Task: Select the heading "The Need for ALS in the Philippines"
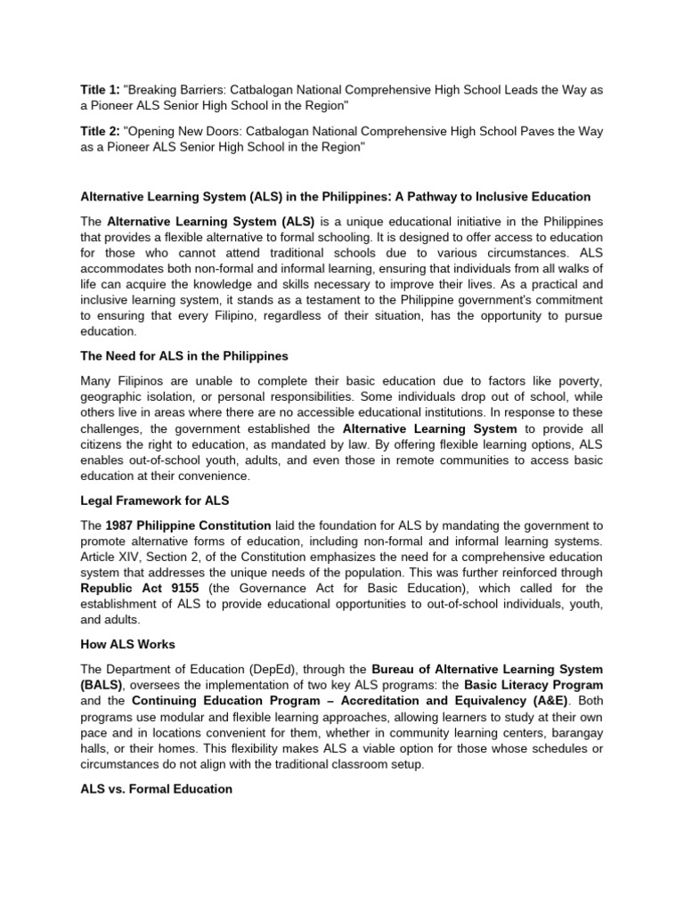coord(184,356)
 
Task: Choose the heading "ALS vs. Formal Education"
coord(157,789)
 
